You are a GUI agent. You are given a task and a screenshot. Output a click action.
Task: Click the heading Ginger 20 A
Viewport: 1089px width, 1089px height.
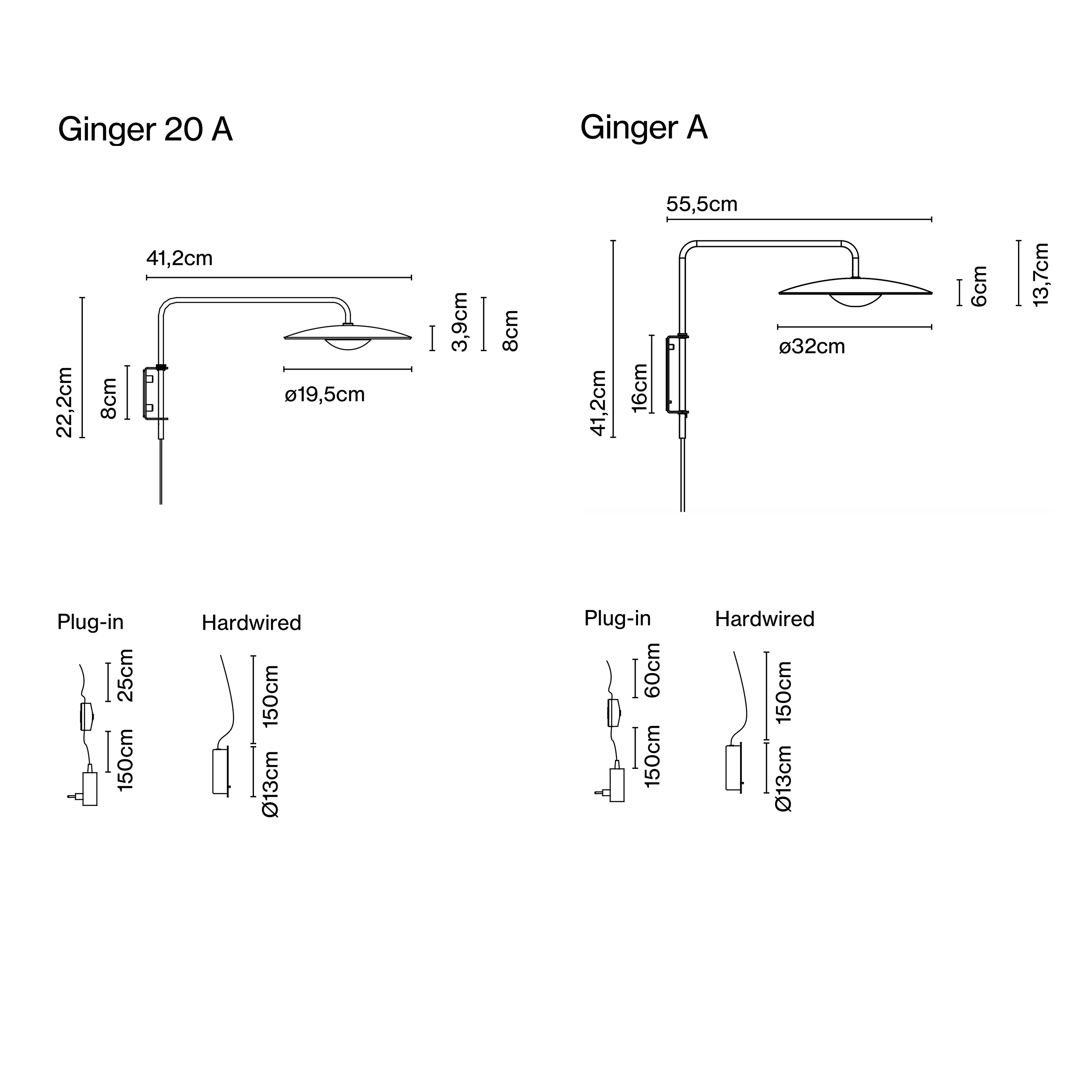pyautogui.click(x=145, y=130)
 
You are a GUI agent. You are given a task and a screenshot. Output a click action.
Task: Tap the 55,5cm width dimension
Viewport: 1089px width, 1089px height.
pyautogui.click(x=701, y=204)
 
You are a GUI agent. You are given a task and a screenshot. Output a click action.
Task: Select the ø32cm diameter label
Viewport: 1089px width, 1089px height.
pyautogui.click(x=812, y=347)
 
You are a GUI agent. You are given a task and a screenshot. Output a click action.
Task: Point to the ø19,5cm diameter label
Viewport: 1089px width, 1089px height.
pyautogui.click(x=325, y=395)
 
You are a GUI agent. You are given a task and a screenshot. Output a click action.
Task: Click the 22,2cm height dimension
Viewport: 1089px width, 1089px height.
pyautogui.click(x=65, y=402)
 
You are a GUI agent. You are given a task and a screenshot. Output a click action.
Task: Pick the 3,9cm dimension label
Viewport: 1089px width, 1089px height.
pyautogui.click(x=460, y=322)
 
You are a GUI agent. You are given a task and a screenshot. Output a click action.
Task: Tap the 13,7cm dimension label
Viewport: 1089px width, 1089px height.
pyautogui.click(x=1041, y=274)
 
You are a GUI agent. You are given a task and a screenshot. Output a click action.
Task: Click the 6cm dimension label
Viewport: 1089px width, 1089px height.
pyautogui.click(x=980, y=286)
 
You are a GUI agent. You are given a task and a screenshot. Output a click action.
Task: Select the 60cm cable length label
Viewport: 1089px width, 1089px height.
pyautogui.click(x=652, y=670)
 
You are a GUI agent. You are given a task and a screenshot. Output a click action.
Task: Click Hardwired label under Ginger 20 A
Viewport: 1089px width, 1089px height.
pyautogui.click(x=251, y=623)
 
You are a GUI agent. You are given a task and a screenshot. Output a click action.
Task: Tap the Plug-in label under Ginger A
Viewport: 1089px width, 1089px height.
pyautogui.click(x=617, y=619)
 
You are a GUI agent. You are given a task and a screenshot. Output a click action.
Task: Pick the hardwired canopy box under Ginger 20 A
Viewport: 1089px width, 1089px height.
pyautogui.click(x=220, y=771)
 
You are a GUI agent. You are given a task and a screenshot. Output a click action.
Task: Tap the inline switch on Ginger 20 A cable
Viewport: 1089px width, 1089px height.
pyautogui.click(x=86, y=717)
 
